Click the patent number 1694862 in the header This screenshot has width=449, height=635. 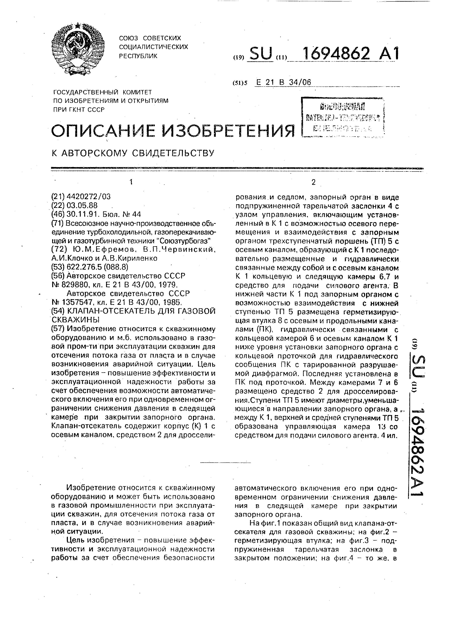click(x=336, y=54)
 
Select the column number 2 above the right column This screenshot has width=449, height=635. click(x=313, y=182)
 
